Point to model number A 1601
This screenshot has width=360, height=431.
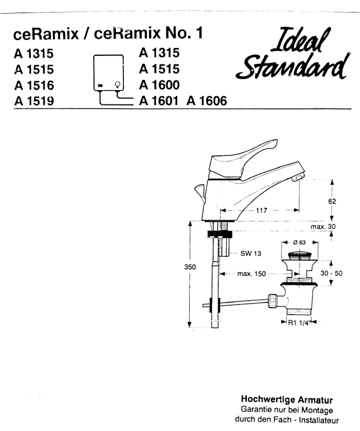159,101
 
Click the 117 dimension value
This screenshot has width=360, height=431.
263,210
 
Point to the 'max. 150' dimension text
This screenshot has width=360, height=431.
251,274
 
